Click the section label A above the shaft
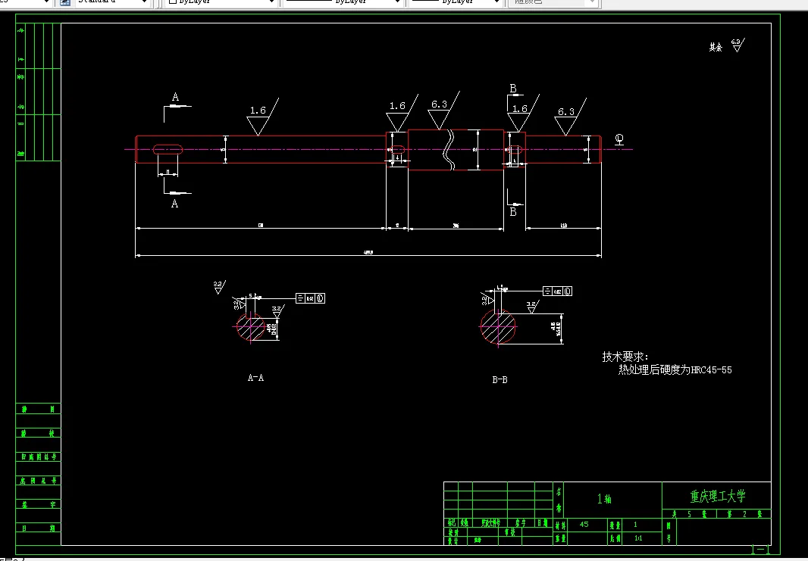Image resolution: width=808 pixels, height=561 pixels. click(175, 98)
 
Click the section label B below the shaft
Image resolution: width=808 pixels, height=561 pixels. click(512, 212)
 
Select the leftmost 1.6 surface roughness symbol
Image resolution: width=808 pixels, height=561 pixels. click(258, 111)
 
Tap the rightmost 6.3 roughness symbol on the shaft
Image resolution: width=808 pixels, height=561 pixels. click(566, 112)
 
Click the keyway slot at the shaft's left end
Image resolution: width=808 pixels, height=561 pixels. click(168, 149)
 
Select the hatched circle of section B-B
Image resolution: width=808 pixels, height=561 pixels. click(497, 326)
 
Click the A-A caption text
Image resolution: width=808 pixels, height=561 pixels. click(255, 377)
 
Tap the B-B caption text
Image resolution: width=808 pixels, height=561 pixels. click(500, 379)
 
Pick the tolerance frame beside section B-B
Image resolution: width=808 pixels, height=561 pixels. click(557, 291)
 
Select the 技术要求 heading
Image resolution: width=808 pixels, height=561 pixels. click(625, 356)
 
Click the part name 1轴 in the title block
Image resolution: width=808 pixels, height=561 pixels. click(604, 499)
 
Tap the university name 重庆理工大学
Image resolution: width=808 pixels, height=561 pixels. click(717, 497)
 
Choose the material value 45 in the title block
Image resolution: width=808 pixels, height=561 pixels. click(584, 524)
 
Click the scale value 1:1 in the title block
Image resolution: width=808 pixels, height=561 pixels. click(637, 538)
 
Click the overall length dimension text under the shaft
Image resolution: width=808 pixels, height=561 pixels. click(368, 253)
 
